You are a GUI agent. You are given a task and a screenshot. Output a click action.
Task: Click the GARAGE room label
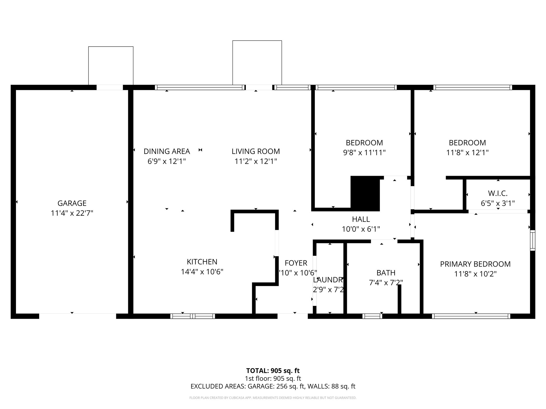(72, 203)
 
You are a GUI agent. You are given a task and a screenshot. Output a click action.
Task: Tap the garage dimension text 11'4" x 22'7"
(72, 213)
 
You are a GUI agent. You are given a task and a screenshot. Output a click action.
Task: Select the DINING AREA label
(167, 151)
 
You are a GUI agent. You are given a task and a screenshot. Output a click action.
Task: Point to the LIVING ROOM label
(256, 151)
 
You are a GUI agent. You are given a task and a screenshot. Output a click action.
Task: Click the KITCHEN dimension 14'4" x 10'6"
(202, 272)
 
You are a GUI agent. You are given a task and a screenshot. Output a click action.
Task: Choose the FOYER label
(296, 263)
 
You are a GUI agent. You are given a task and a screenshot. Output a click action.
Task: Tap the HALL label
(361, 219)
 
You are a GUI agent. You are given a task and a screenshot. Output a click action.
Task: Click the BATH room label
(386, 273)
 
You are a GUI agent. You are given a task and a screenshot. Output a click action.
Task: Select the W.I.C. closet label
(497, 193)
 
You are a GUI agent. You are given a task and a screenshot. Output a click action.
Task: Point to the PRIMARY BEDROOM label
(475, 264)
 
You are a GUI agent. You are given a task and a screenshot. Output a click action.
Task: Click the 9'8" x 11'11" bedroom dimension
(364, 153)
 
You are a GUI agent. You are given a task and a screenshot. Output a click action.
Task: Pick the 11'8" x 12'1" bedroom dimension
(467, 153)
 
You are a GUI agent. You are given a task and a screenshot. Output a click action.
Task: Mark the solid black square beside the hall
(365, 194)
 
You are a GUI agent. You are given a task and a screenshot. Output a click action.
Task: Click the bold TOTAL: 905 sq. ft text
(273, 371)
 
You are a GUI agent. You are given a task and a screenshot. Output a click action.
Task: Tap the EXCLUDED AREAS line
(273, 386)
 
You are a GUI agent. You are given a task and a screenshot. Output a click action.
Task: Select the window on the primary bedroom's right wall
(532, 240)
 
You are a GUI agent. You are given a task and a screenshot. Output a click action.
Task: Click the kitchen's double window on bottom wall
(192, 316)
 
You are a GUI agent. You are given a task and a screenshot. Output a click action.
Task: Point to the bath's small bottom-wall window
(372, 316)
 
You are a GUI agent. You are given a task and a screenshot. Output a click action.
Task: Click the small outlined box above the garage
(111, 66)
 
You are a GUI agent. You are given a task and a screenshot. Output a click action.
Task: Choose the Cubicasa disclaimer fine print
(273, 398)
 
